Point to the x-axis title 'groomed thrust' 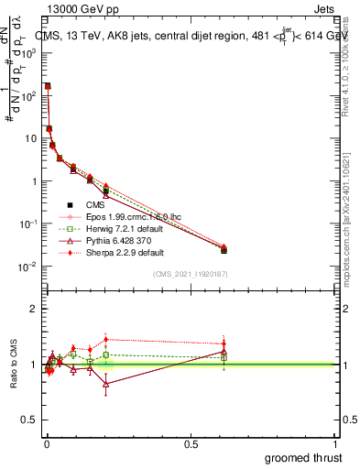[303, 457]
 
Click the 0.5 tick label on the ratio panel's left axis [28, 420]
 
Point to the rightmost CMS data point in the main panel [224, 249]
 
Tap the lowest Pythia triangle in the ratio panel [106, 384]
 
